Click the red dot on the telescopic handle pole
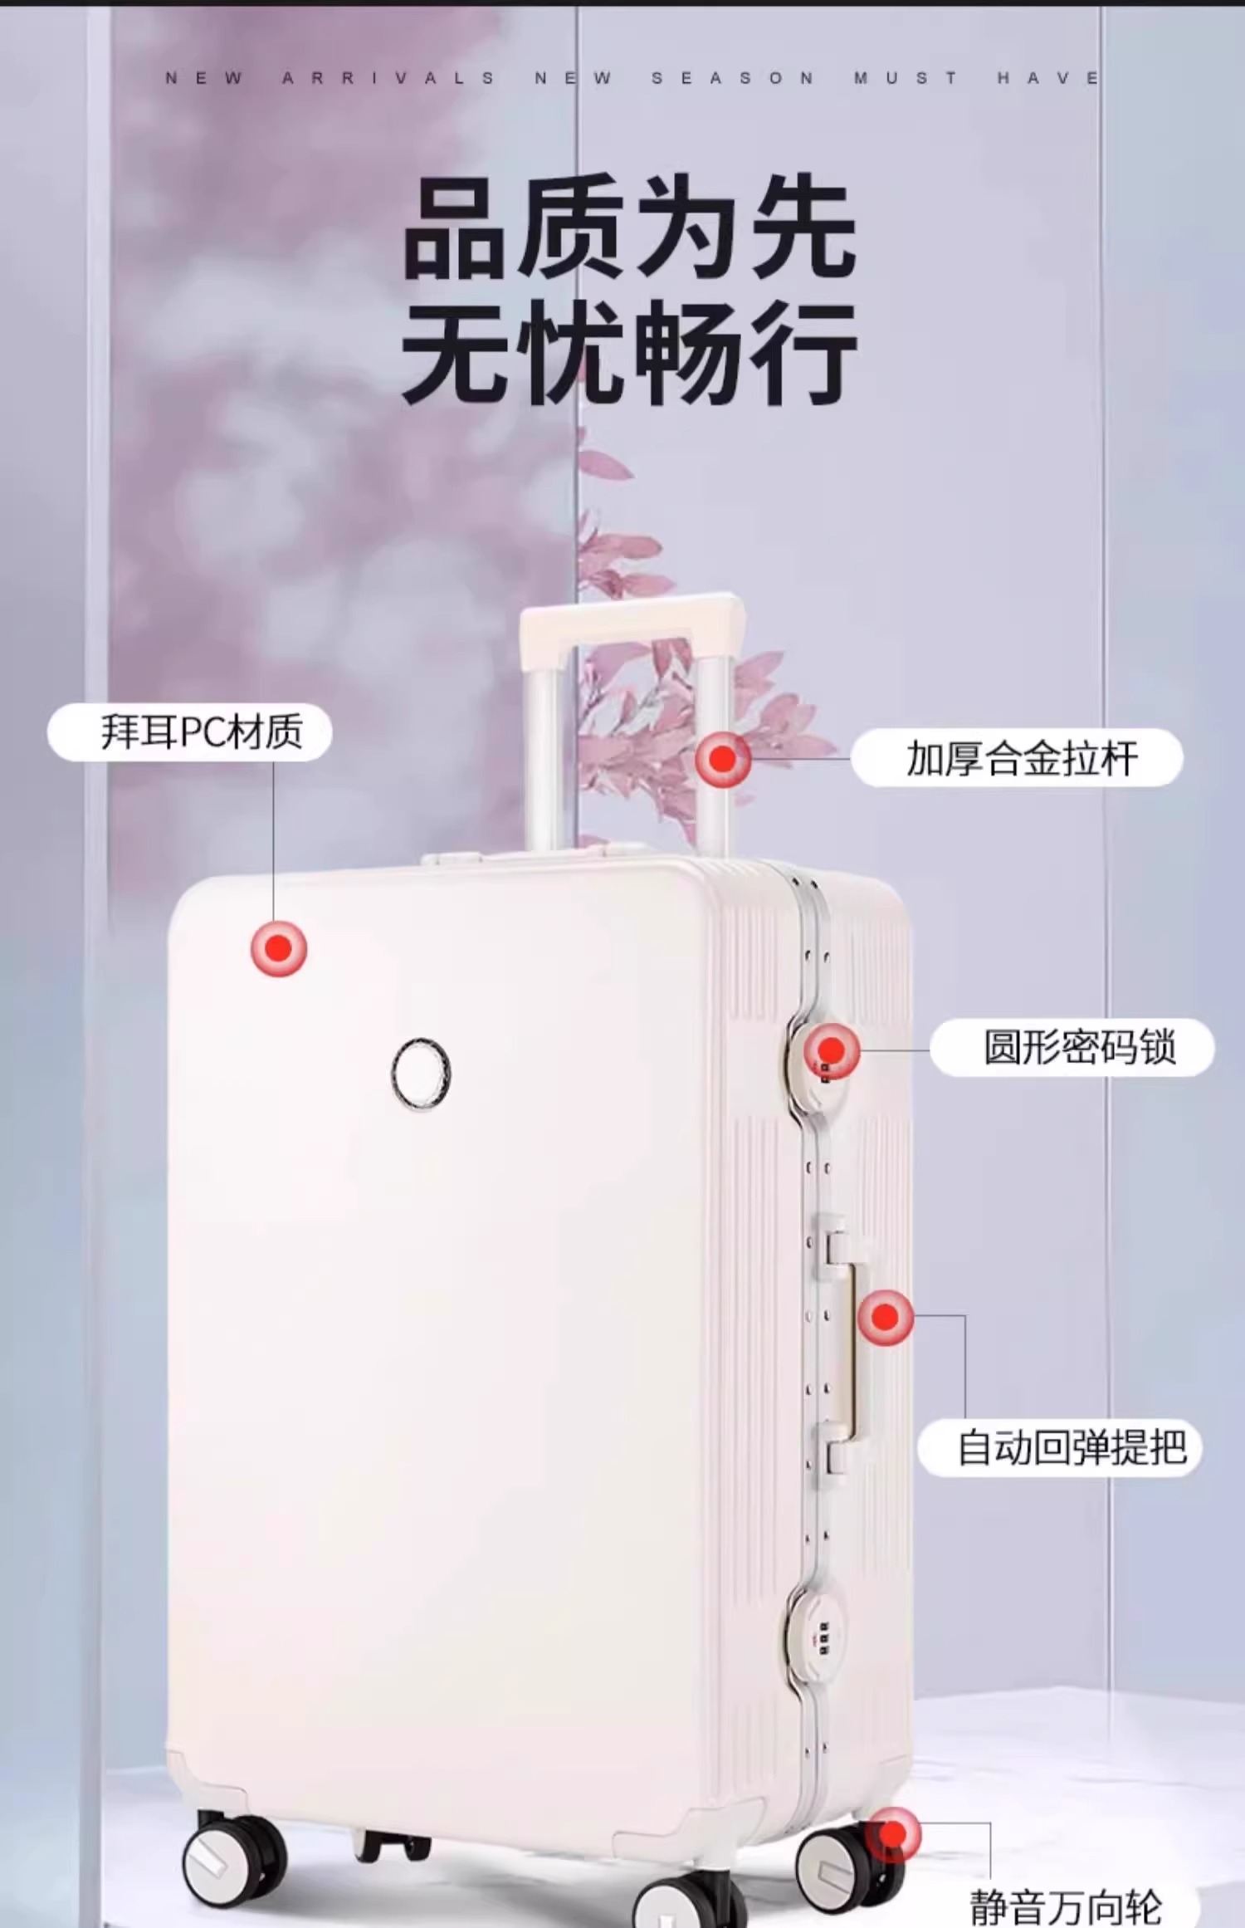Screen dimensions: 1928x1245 (x=723, y=758)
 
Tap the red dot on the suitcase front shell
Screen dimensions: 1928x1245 (x=279, y=948)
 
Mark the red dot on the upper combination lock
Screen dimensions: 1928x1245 (x=832, y=1050)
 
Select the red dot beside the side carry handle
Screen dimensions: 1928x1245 (x=886, y=1317)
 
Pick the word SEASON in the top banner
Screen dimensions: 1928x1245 (x=732, y=78)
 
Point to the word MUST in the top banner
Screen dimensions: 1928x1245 (x=905, y=78)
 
